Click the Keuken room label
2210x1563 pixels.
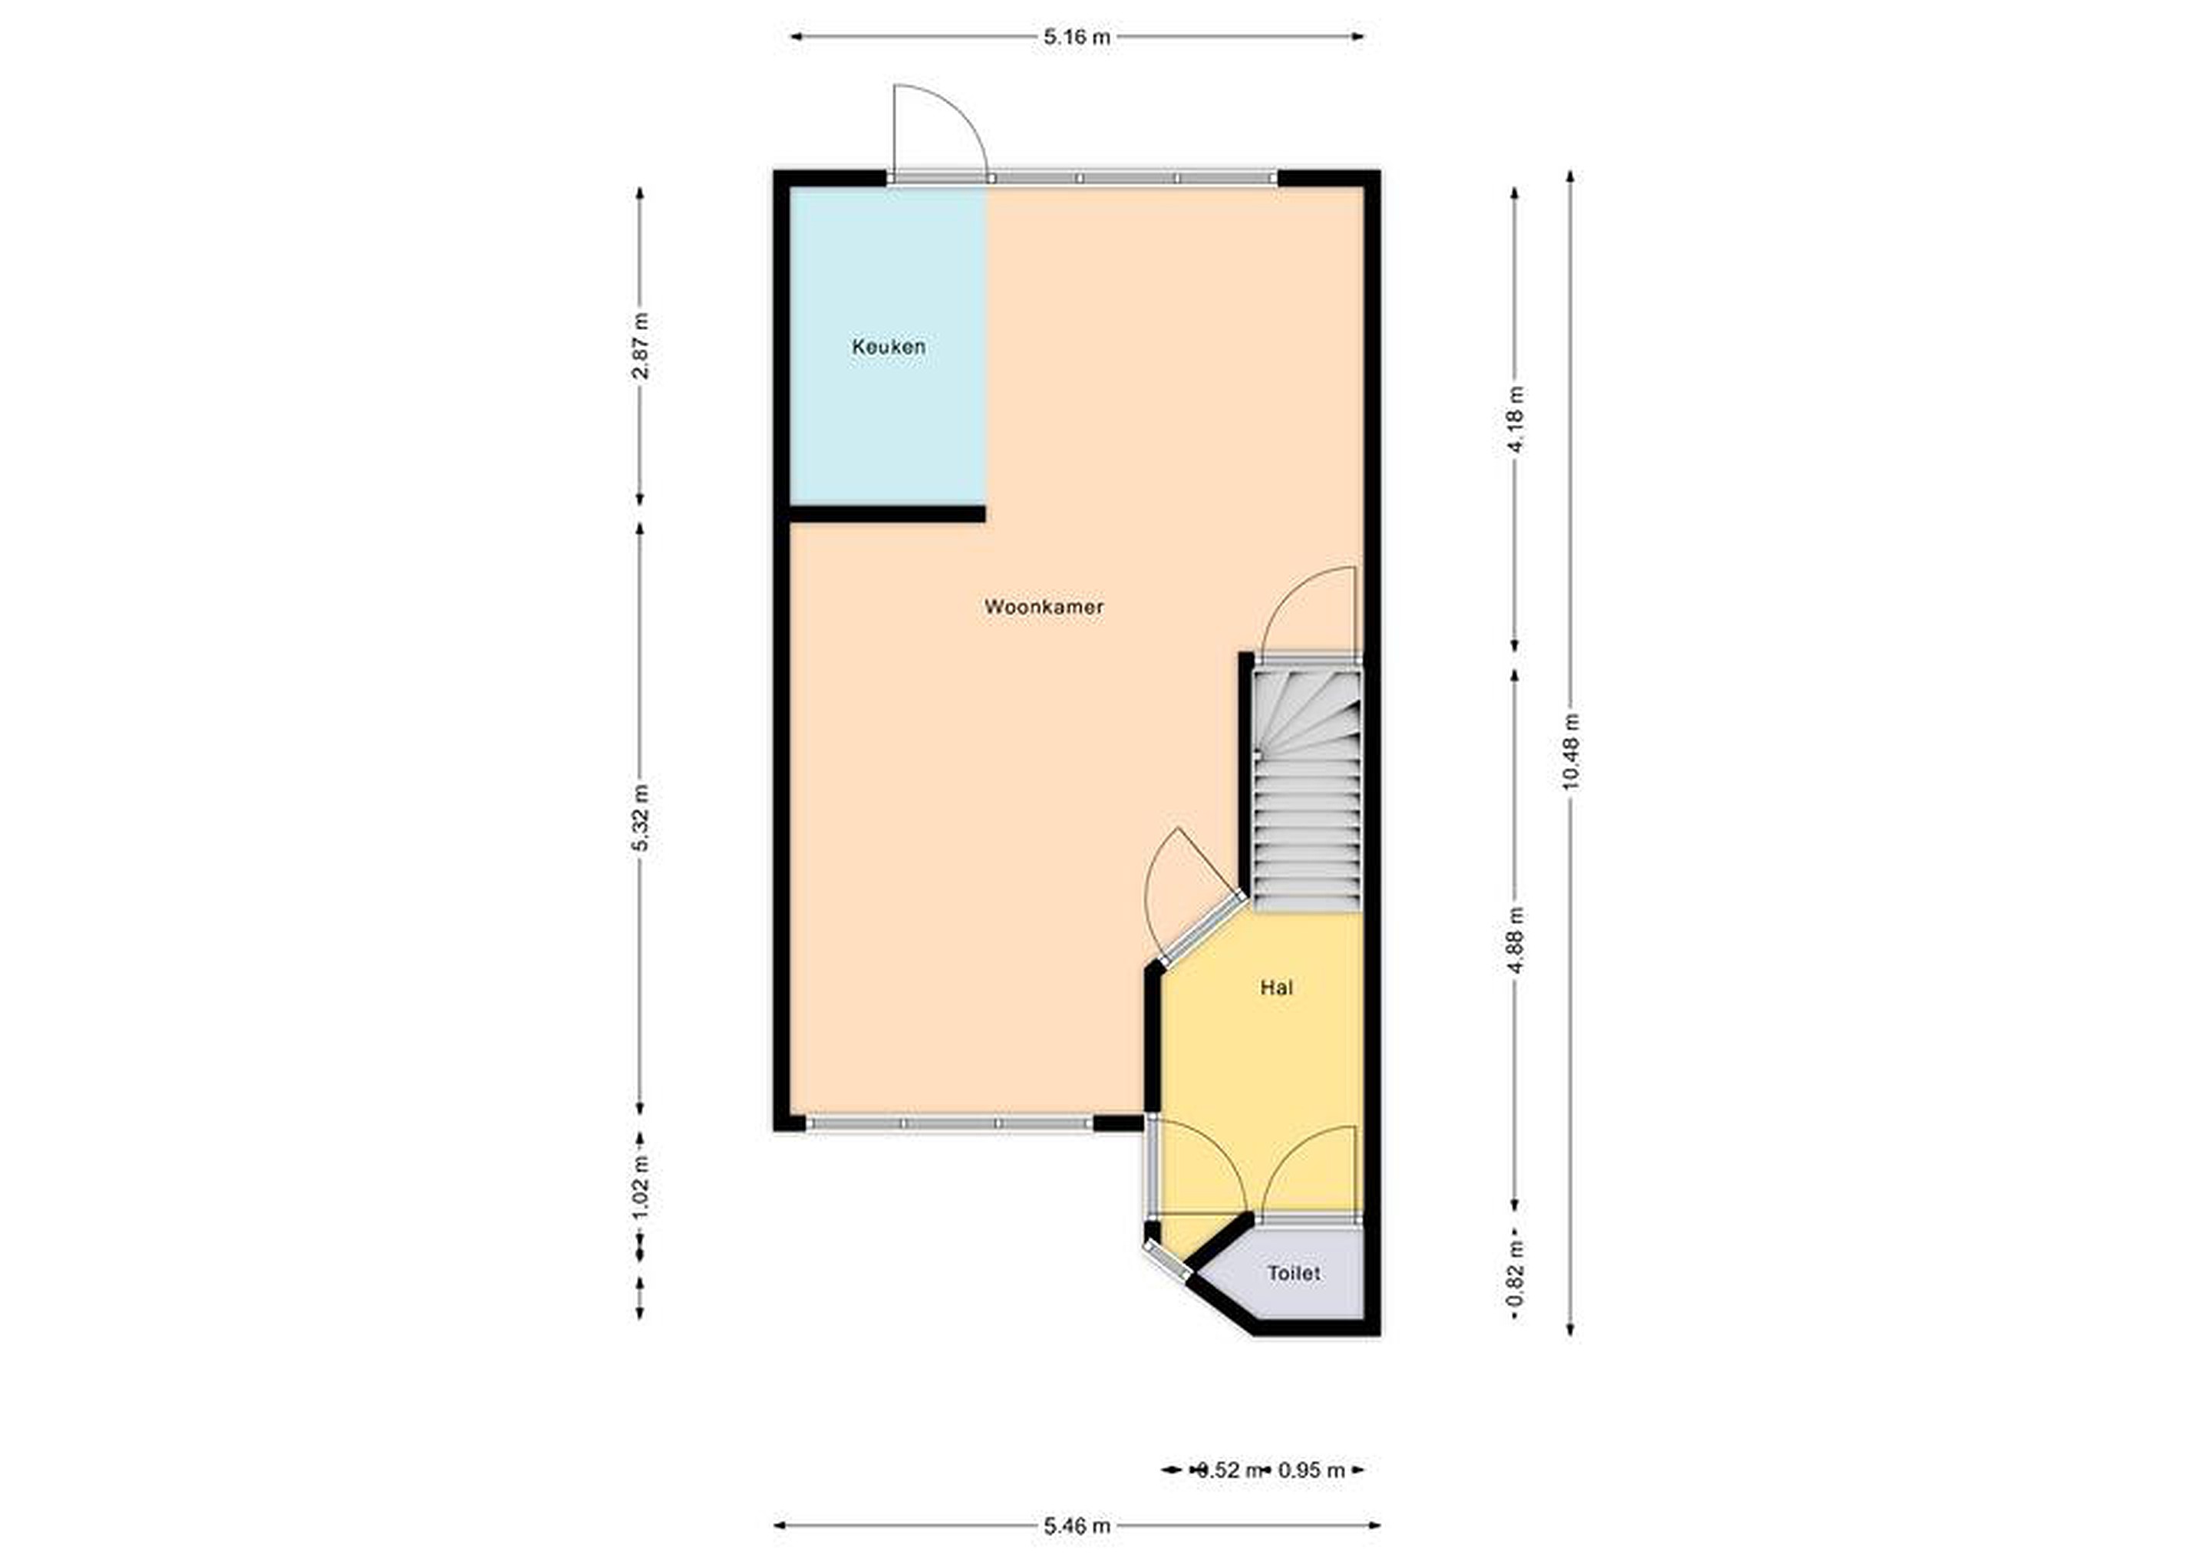click(x=889, y=347)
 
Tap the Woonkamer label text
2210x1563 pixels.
click(x=1044, y=607)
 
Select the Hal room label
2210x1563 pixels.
click(x=1276, y=988)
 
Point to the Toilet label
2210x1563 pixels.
click(x=1294, y=1273)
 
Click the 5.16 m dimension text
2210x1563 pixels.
click(x=1077, y=38)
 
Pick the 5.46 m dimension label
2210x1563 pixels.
click(x=1077, y=1526)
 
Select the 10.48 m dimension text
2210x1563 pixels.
click(x=1570, y=752)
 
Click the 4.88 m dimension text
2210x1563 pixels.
click(x=1515, y=939)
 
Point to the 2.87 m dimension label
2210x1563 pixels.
click(x=640, y=345)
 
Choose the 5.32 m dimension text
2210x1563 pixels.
click(x=640, y=818)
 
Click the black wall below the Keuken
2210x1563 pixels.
click(x=886, y=514)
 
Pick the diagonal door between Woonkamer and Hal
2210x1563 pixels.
click(x=1201, y=931)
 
